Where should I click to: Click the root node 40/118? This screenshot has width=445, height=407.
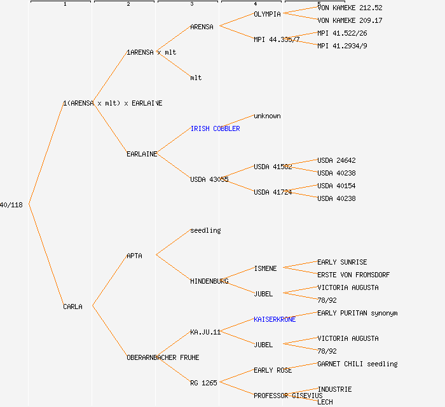[x=11, y=205]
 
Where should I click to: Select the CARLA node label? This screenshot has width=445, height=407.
[x=72, y=307]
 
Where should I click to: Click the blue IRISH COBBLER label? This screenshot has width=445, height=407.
[x=215, y=128]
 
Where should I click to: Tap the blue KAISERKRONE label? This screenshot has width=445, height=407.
[x=275, y=319]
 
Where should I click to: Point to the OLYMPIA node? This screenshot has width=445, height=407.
[x=267, y=14]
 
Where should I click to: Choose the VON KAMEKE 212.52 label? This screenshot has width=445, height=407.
[x=350, y=8]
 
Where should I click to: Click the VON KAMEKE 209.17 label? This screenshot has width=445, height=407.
[x=350, y=20]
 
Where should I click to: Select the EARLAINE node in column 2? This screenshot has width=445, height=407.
[x=142, y=154]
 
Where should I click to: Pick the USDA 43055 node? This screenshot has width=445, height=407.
[x=209, y=179]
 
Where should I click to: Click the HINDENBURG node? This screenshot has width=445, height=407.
[x=209, y=281]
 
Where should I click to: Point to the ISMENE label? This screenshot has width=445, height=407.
[x=265, y=268]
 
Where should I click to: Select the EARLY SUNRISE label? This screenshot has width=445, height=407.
[x=342, y=262]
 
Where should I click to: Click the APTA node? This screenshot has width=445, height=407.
[x=134, y=256]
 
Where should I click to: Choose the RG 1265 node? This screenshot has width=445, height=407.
[x=203, y=383]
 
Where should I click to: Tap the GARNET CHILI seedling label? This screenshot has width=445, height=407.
[x=357, y=364]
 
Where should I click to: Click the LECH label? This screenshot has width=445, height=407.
[x=325, y=402]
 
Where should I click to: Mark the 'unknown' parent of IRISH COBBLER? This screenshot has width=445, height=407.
[x=267, y=116]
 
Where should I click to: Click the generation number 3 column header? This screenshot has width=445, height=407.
[x=191, y=4]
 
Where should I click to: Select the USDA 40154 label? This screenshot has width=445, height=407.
[x=336, y=186]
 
